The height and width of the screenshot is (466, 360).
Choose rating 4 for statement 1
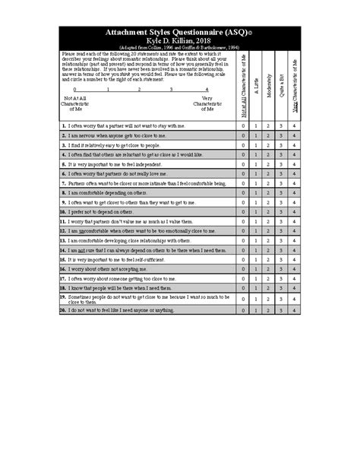(294, 125)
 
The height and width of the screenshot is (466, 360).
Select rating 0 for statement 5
(244, 163)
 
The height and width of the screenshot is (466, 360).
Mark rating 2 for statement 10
(269, 212)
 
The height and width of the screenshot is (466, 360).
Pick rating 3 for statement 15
(281, 260)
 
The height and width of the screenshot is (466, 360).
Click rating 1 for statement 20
(256, 310)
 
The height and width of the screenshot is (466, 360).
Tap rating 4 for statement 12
(294, 231)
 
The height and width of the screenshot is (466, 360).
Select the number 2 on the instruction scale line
(139, 90)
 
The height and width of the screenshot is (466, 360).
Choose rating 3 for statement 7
(281, 183)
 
